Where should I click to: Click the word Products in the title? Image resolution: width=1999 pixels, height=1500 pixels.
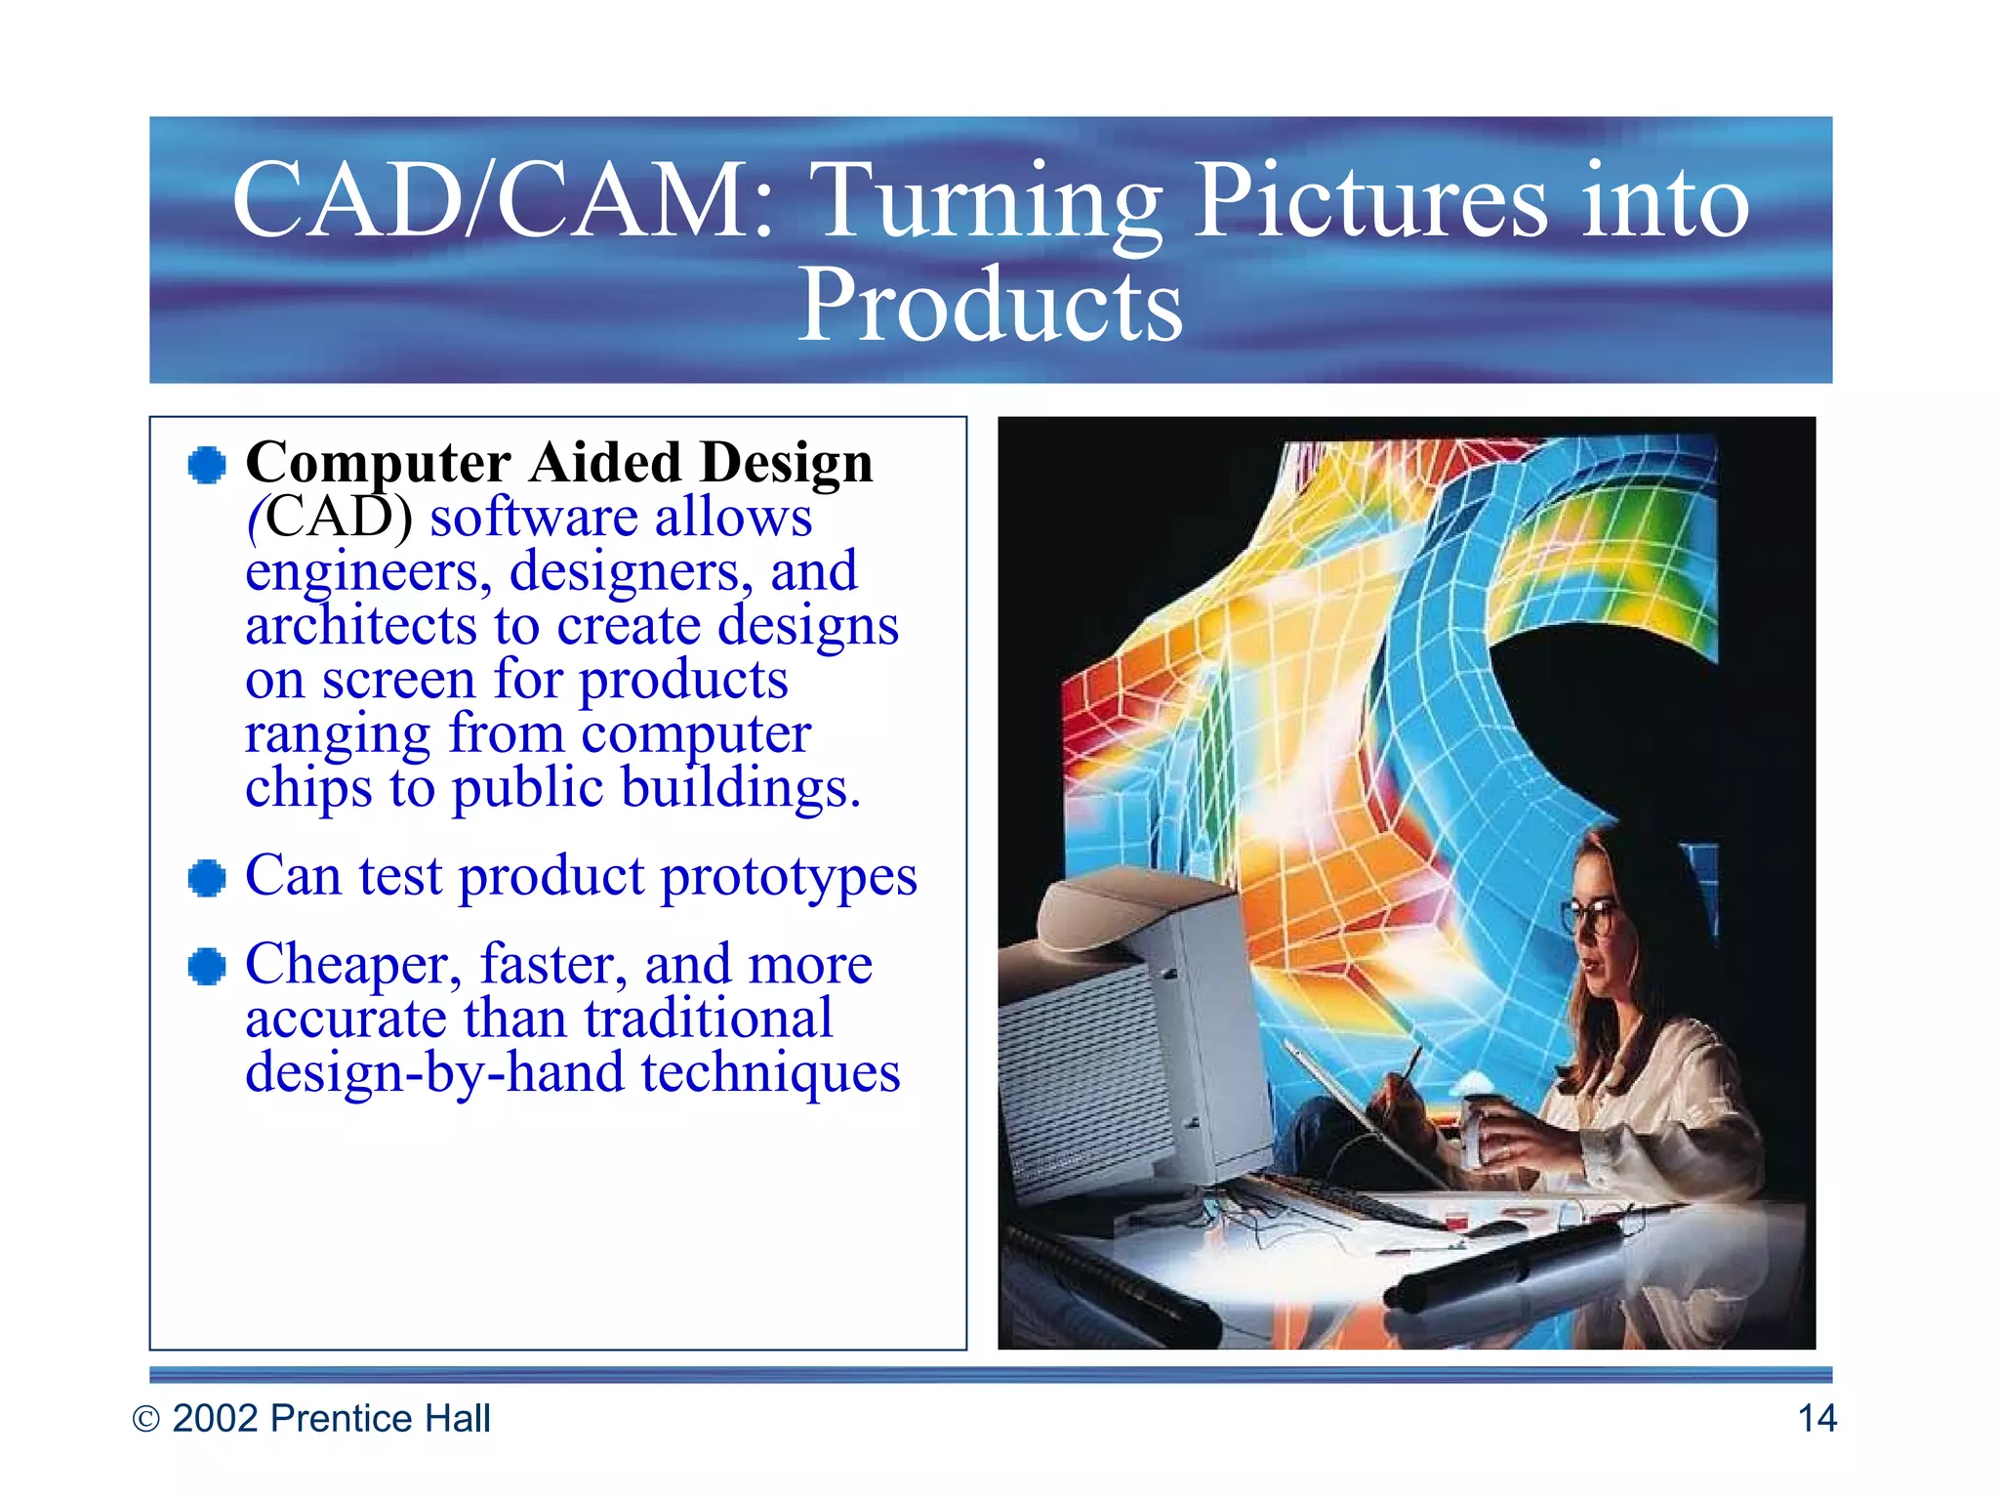pos(989,306)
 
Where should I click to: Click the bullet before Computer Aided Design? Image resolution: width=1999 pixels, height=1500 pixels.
pos(207,465)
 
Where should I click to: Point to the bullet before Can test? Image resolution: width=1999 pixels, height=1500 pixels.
pos(207,878)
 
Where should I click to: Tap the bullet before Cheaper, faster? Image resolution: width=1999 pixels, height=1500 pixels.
pos(207,967)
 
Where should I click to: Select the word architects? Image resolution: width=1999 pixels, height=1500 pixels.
pos(361,626)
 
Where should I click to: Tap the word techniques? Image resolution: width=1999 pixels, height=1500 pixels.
pos(770,1073)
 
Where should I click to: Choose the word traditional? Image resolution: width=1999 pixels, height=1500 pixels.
pos(708,1020)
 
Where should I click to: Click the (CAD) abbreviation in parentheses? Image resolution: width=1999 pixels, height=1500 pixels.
pos(330,518)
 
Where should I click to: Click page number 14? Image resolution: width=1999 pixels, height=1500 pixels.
pos(1816,1418)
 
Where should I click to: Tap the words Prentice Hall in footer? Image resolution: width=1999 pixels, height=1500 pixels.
pos(380,1418)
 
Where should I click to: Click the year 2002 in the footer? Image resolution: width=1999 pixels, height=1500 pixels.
pos(216,1418)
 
